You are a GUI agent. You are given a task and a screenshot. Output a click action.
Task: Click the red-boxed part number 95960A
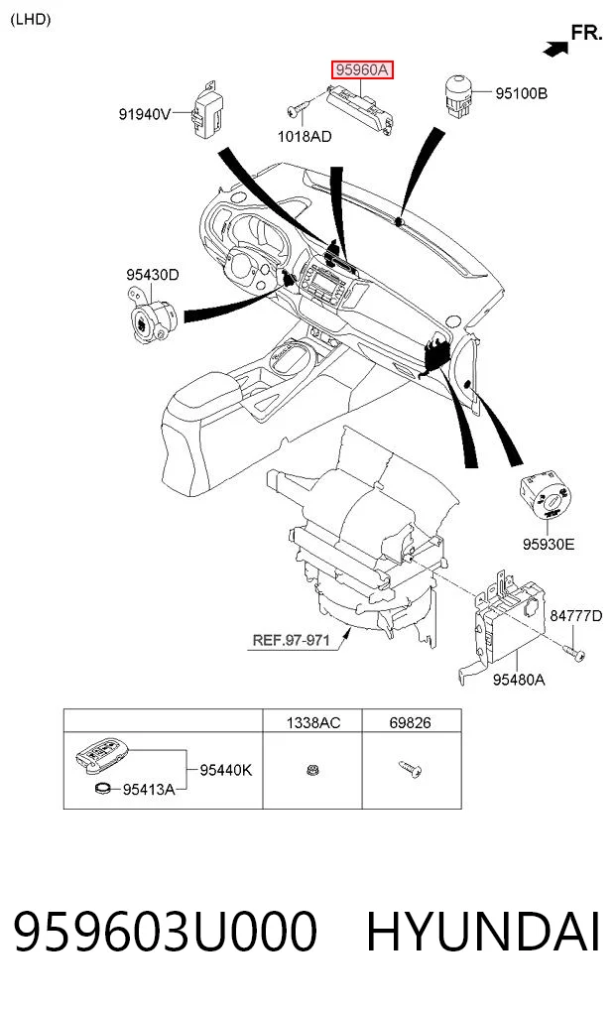pyautogui.click(x=362, y=69)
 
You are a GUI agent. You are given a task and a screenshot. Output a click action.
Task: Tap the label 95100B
pyautogui.click(x=521, y=93)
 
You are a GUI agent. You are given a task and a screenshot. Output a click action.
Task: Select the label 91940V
pyautogui.click(x=145, y=114)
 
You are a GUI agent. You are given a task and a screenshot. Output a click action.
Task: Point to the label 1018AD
pyautogui.click(x=305, y=137)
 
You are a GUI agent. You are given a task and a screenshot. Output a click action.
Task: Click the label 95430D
pyautogui.click(x=153, y=275)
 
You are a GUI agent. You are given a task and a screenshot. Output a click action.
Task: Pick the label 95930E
pyautogui.click(x=549, y=545)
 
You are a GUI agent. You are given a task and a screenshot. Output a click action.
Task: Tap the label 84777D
pyautogui.click(x=575, y=616)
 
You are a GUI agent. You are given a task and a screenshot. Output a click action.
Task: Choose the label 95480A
pyautogui.click(x=519, y=680)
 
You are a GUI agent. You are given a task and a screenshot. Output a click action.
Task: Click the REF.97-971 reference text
pyautogui.click(x=291, y=640)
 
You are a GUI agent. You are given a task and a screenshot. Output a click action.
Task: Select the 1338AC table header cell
pyautogui.click(x=312, y=722)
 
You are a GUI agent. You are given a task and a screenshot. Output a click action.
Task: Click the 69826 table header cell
pyautogui.click(x=411, y=722)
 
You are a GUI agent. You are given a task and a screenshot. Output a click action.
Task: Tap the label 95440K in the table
pyautogui.click(x=226, y=770)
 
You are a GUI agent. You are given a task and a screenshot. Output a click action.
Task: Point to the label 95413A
pyautogui.click(x=149, y=790)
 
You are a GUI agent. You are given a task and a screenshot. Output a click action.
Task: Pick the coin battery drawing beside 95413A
pyautogui.click(x=103, y=788)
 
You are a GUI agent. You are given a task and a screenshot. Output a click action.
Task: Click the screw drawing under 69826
pyautogui.click(x=410, y=768)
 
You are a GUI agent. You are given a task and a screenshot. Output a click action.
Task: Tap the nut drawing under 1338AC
pyautogui.click(x=312, y=769)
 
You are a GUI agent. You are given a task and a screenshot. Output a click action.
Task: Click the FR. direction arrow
pyautogui.click(x=556, y=48)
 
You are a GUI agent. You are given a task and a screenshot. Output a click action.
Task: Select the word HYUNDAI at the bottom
pyautogui.click(x=483, y=932)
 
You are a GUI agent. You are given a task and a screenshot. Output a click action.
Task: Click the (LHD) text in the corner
pyautogui.click(x=30, y=19)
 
